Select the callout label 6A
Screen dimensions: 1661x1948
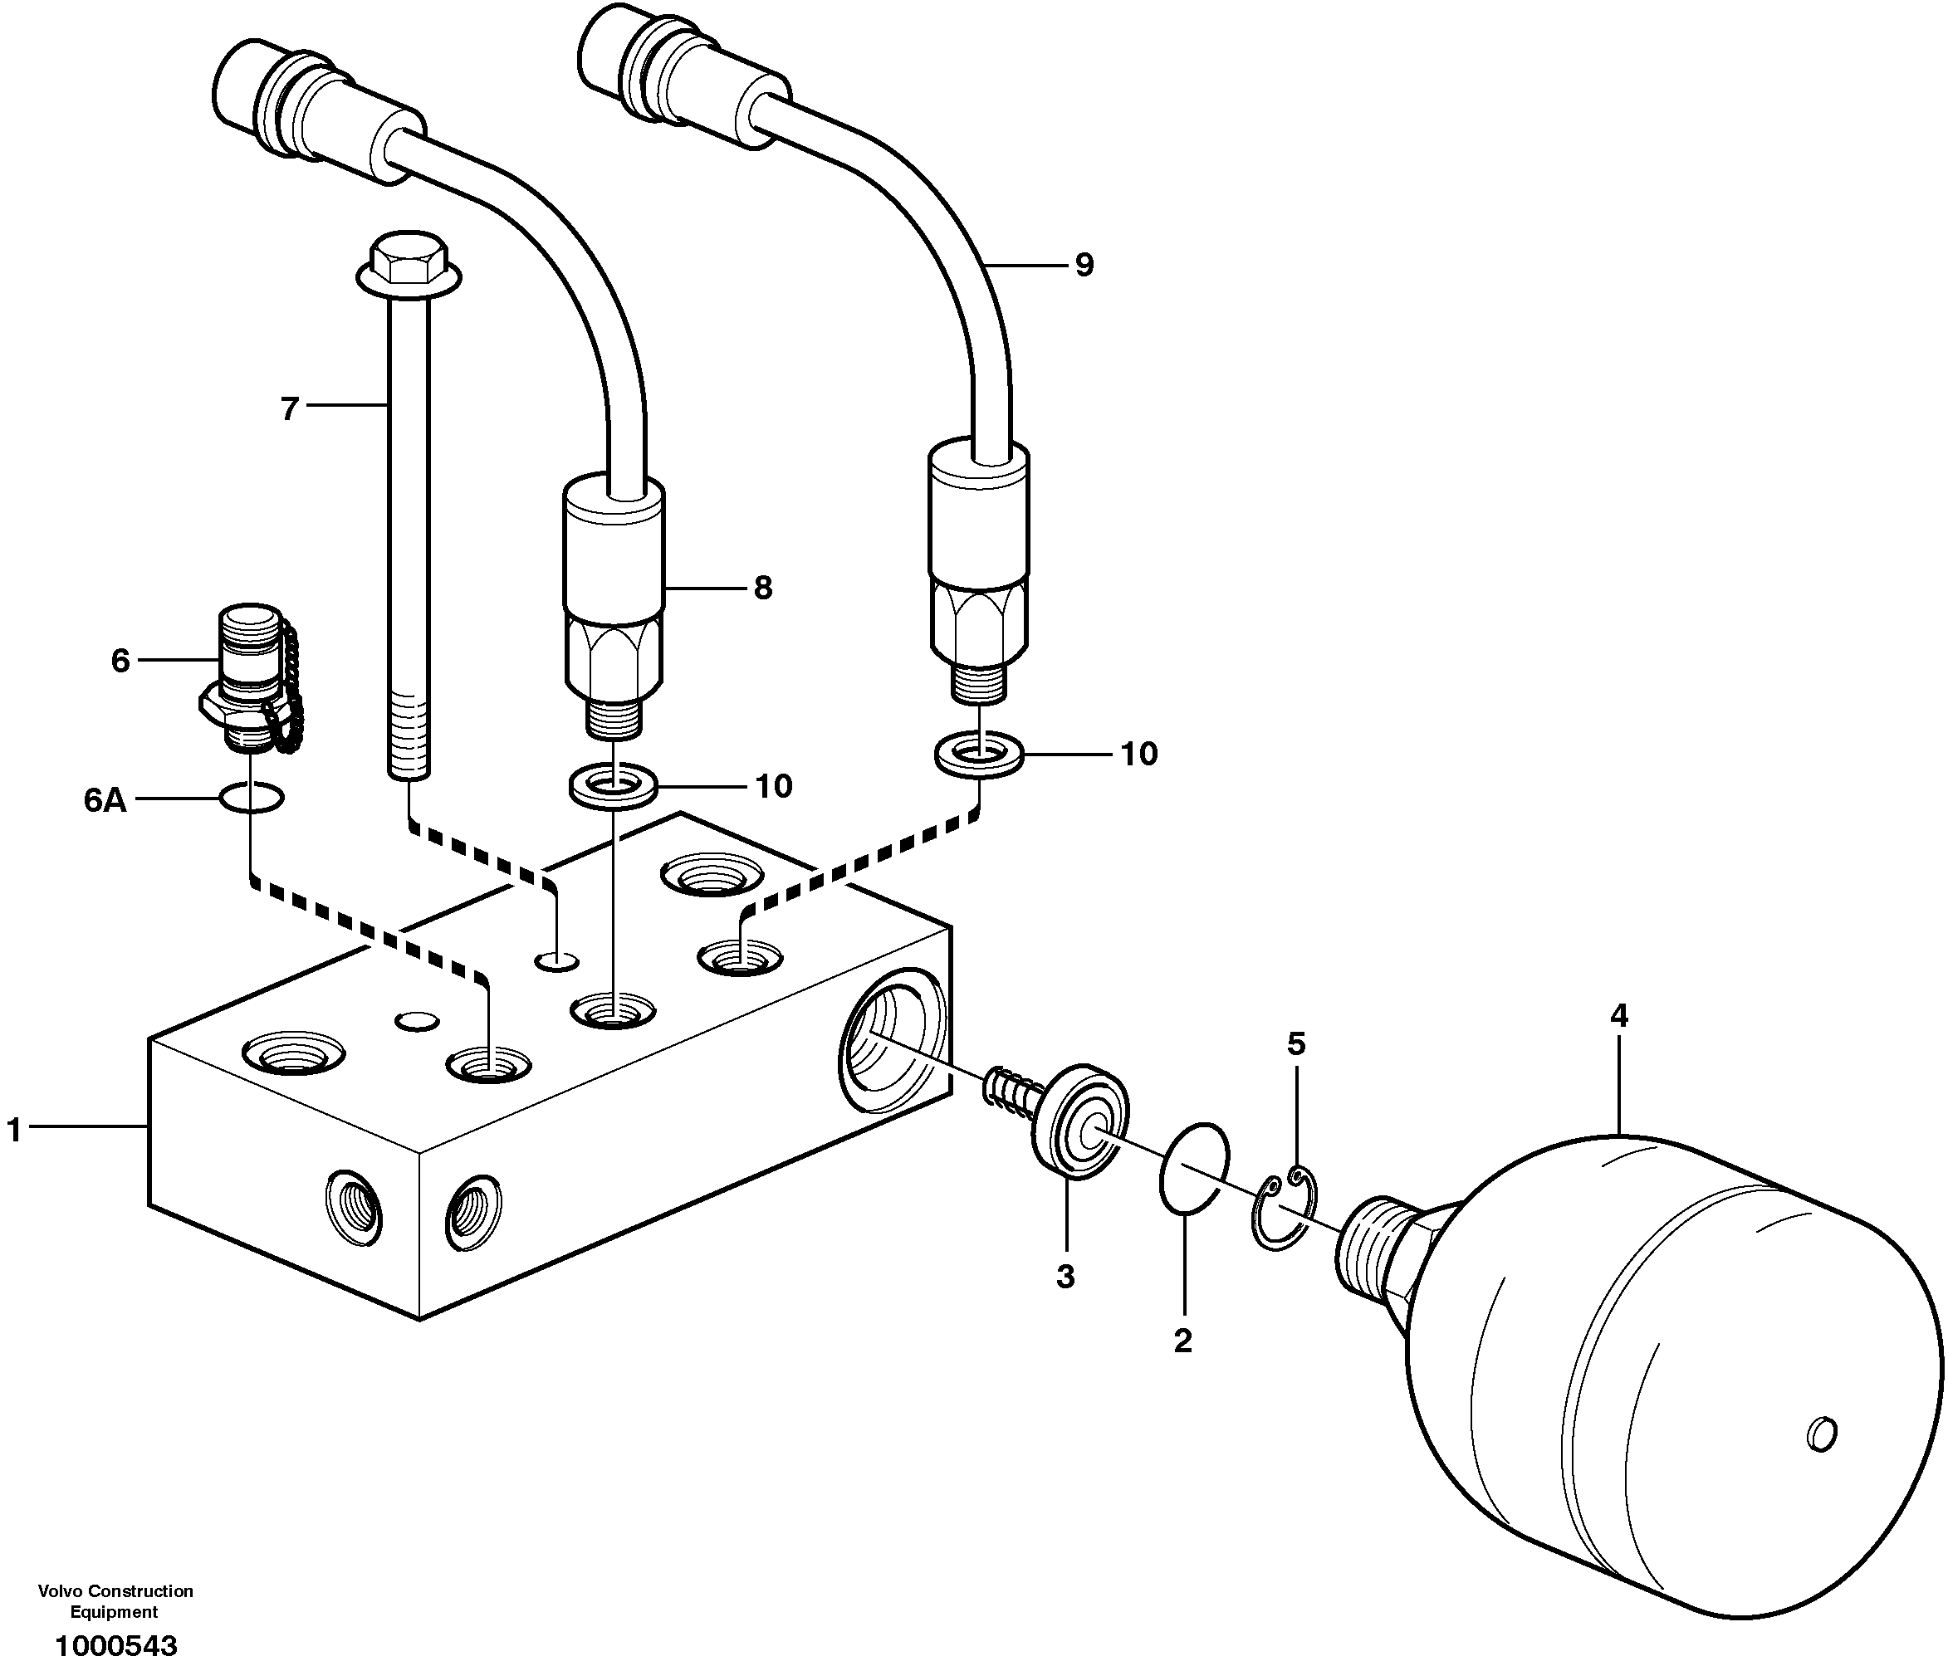[x=105, y=800]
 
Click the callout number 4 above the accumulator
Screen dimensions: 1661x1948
[x=1619, y=1015]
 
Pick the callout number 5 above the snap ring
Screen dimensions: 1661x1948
[x=1296, y=1043]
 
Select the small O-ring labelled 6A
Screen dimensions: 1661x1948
[x=251, y=798]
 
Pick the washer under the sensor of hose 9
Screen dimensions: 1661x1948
[x=979, y=754]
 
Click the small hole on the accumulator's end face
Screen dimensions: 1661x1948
[x=1821, y=1434]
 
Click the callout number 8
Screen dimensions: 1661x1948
[x=762, y=589]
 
